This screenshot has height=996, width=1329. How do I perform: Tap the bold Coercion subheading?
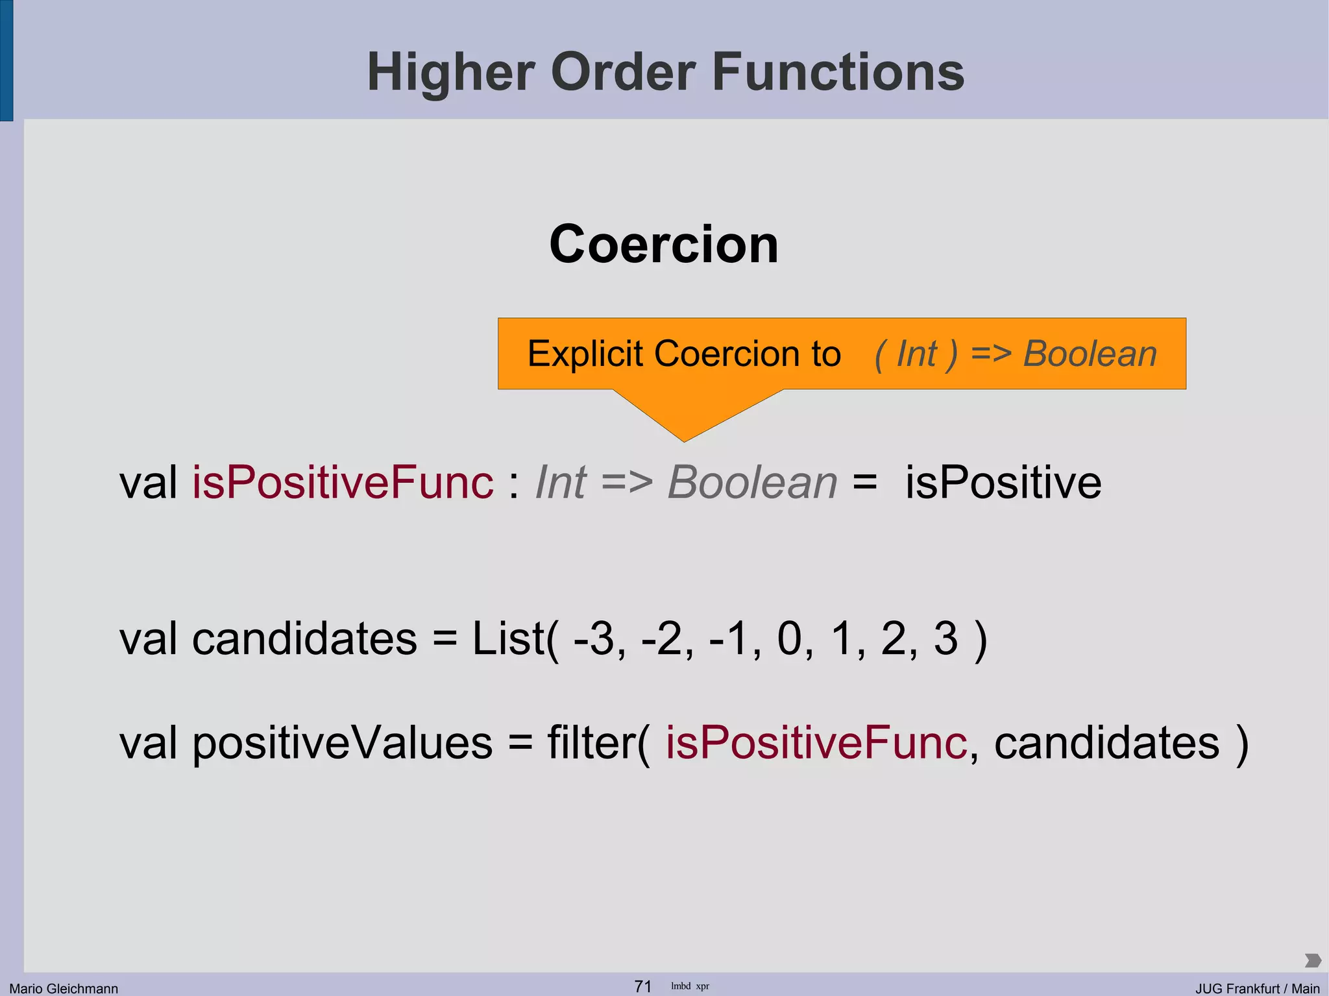(663, 244)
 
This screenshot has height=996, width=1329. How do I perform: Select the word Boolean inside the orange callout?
(1090, 354)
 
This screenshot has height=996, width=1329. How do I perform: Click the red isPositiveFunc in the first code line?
(343, 483)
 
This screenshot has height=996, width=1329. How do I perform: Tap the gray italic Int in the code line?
(560, 483)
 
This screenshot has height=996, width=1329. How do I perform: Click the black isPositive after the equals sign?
(1003, 483)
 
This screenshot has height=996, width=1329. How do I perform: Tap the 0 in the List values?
(789, 638)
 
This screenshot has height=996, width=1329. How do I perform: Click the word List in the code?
(507, 638)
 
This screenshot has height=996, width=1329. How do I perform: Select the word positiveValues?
(342, 743)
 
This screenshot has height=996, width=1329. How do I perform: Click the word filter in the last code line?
(591, 743)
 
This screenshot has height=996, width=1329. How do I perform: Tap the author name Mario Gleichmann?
(64, 988)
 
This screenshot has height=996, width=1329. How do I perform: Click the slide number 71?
(642, 986)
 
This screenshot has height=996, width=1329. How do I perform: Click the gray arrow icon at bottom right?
(1312, 960)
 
